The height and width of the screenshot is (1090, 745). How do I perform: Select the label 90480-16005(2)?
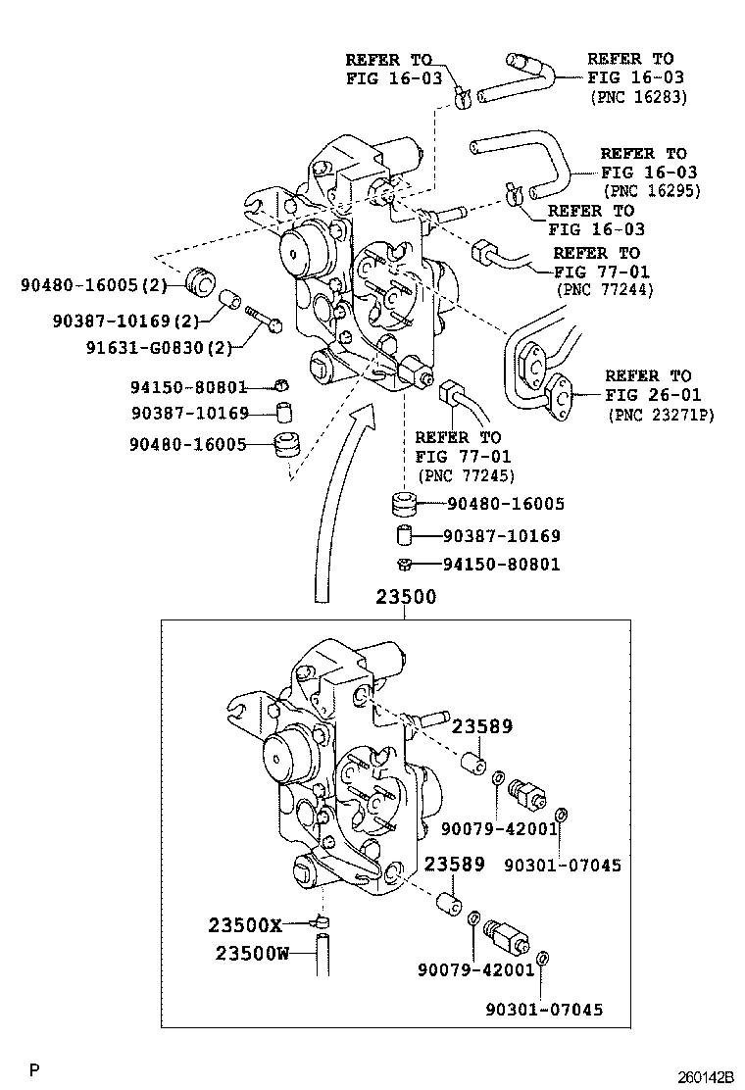tap(95, 285)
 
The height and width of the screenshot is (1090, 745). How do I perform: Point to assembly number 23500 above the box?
tap(405, 597)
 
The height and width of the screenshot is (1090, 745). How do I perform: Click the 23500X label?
tap(245, 924)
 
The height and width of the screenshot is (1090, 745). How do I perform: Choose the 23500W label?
tap(252, 953)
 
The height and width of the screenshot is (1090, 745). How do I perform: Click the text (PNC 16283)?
tap(638, 97)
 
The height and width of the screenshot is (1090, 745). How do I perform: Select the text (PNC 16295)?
tap(651, 191)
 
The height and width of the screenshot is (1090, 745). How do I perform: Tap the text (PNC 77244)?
tap(604, 290)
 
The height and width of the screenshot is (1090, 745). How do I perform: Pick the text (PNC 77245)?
tap(467, 475)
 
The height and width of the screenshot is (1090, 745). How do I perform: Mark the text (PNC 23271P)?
tap(661, 415)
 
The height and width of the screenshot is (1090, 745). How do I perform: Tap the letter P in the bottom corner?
tap(33, 1068)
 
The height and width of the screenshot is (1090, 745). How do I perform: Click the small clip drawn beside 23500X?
tap(320, 922)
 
